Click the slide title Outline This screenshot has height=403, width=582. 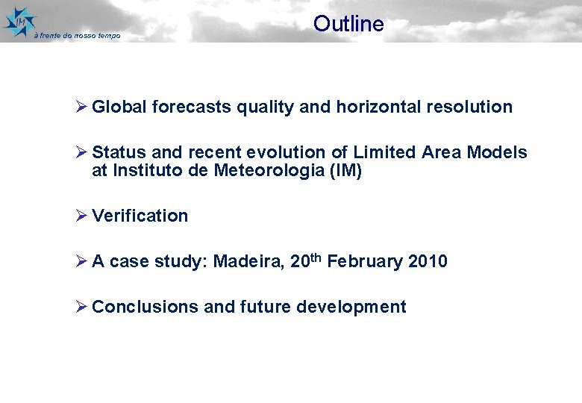coord(348,24)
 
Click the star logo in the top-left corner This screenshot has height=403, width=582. coord(19,21)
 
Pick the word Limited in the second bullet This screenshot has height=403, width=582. coord(384,153)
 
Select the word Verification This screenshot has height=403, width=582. coord(140,216)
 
